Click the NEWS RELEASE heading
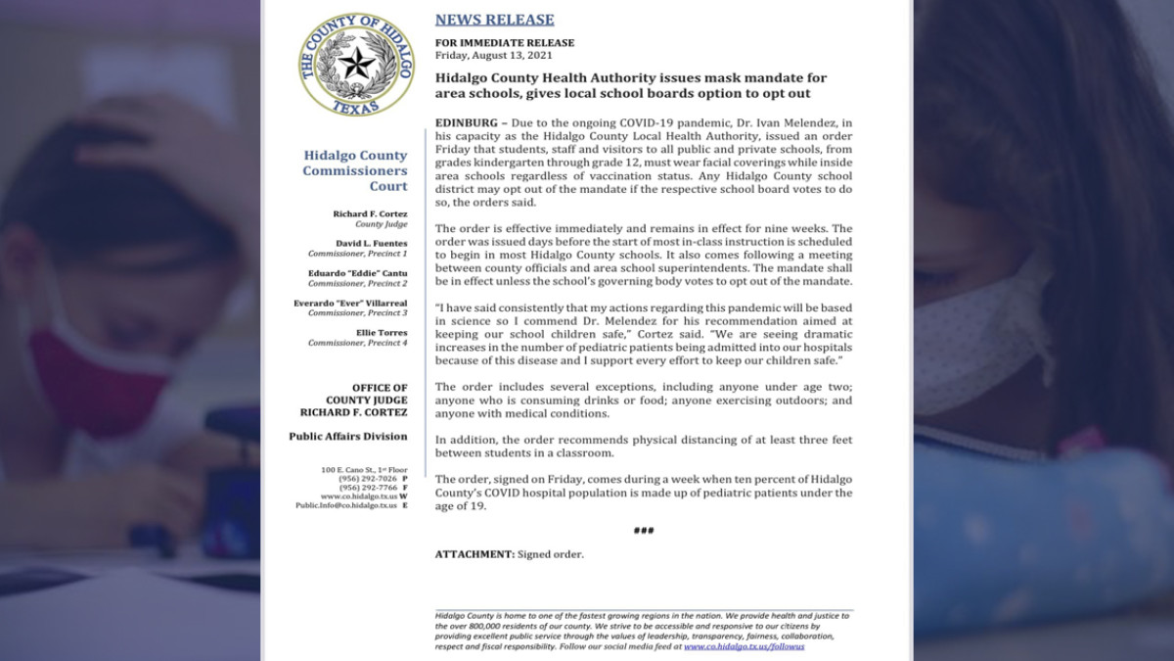pos(494,20)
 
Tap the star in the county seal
pos(355,64)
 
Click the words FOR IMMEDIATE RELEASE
pos(505,43)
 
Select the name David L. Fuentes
pos(373,243)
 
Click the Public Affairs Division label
pos(347,436)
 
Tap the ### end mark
pos(643,530)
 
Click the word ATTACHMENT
pos(474,554)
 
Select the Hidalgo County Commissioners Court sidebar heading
pos(354,170)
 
